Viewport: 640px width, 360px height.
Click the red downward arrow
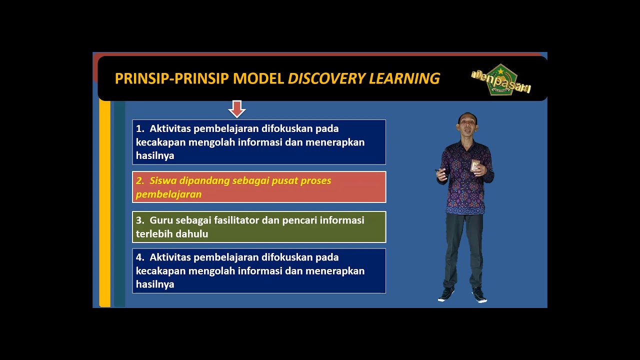pyautogui.click(x=236, y=108)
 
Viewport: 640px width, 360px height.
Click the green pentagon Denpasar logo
pyautogui.click(x=501, y=80)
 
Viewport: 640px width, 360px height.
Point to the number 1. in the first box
pyautogui.click(x=140, y=128)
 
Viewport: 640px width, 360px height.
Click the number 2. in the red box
pyautogui.click(x=140, y=180)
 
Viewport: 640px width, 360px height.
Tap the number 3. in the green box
pyautogui.click(x=140, y=220)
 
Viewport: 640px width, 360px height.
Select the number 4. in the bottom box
pyautogui.click(x=140, y=257)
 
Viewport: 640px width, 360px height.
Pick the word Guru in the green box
pyautogui.click(x=160, y=220)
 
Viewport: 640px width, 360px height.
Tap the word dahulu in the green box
pyautogui.click(x=191, y=233)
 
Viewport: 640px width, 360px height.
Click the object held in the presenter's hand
pyautogui.click(x=474, y=165)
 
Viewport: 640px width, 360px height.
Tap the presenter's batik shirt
pyautogui.click(x=465, y=185)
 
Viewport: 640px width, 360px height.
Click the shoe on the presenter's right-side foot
pyautogui.click(x=479, y=295)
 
